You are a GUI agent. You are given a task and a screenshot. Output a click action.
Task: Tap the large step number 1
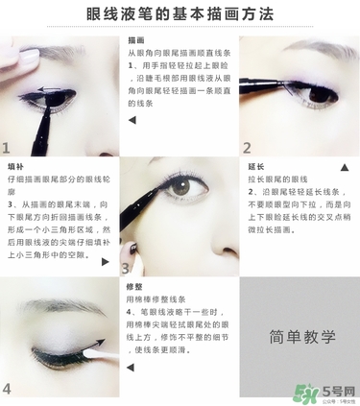pos(8,148)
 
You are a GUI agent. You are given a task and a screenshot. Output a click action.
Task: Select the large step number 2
pos(247,148)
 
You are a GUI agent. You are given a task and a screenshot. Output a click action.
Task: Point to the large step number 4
pos(8,388)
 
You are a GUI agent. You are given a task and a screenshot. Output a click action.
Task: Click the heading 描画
pos(136,42)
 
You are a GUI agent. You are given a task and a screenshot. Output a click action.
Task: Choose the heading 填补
pos(15,166)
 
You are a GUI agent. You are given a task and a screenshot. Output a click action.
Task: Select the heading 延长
pos(254,166)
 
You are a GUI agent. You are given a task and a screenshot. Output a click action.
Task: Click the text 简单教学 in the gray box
pos(299,337)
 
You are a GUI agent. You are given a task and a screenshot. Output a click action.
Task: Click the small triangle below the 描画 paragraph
pos(132,120)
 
